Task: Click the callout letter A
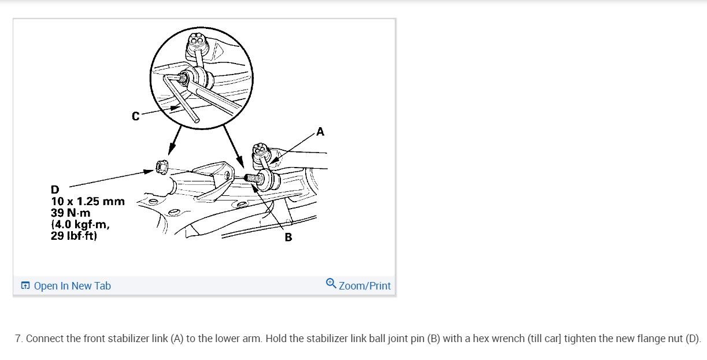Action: tap(320, 132)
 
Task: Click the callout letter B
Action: tap(288, 237)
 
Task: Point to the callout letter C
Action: tap(135, 116)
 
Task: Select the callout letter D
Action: tap(55, 190)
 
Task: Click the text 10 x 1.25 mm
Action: tap(88, 201)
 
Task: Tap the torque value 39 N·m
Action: tap(71, 213)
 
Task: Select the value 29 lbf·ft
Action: tap(73, 236)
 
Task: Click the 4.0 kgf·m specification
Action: tap(81, 224)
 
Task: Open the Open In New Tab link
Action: tap(72, 286)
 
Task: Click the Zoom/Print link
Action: tap(364, 286)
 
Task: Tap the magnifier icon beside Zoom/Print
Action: tap(331, 283)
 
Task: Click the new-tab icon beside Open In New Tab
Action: tap(25, 286)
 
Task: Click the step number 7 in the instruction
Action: tap(18, 339)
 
